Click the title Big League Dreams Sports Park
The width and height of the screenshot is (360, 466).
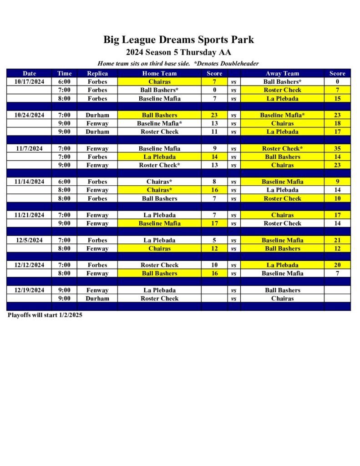pos(178,40)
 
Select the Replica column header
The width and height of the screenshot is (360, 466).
pos(97,73)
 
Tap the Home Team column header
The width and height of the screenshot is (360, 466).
pos(159,73)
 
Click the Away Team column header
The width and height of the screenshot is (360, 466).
pos(282,73)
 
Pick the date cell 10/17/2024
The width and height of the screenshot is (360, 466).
pos(29,81)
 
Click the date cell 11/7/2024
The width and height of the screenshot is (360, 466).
pos(29,148)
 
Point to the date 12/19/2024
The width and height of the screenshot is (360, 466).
pos(29,290)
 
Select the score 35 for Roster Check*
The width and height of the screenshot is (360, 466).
pos(337,148)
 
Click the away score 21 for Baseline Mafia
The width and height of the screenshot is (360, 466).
pos(337,240)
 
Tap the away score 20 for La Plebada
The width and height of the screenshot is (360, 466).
pos(337,265)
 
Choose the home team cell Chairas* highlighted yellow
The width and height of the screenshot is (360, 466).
pos(159,190)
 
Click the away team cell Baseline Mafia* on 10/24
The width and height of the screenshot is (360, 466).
pos(282,115)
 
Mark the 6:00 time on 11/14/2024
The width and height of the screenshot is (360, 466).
pos(64,182)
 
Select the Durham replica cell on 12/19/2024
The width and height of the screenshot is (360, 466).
pos(97,299)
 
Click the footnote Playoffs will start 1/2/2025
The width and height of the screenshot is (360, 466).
pos(45,315)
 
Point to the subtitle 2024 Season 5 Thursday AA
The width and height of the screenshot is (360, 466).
pos(178,52)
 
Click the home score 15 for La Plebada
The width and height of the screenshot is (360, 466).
pos(337,98)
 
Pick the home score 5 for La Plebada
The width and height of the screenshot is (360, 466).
pos(214,240)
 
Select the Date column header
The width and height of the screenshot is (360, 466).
pos(29,73)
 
